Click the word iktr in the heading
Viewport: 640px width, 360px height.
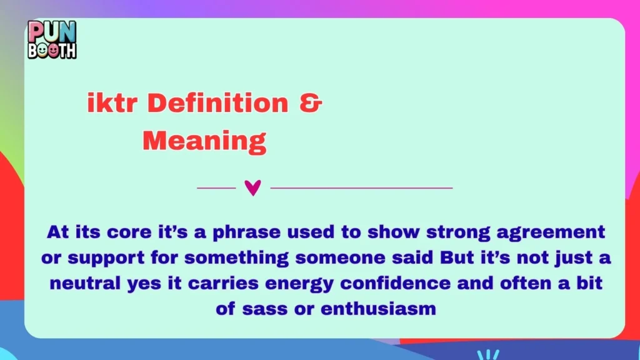coord(110,104)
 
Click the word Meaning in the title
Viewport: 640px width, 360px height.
coord(204,141)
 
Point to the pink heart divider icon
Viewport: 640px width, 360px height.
coord(252,187)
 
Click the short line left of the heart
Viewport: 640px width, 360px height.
coord(216,187)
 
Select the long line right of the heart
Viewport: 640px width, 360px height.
coord(361,187)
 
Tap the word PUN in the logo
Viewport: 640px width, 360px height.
coord(52,31)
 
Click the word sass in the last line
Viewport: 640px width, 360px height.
coord(261,308)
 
